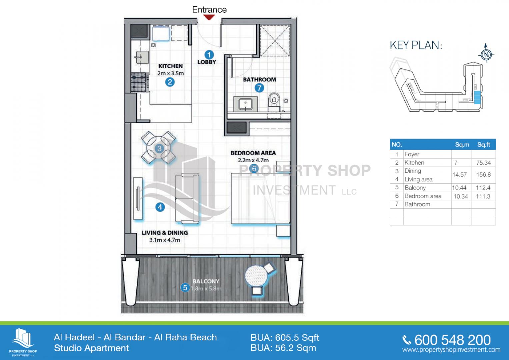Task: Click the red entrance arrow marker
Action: coord(209,17)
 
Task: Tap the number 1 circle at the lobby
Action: coord(209,55)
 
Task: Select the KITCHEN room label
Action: coord(170,66)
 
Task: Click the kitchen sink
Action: coord(142,57)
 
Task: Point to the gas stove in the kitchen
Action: coord(140,83)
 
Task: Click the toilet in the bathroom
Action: coord(274,101)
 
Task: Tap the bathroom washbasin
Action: coord(245,104)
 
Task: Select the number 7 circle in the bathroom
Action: coord(259,88)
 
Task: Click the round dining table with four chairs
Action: coord(159,148)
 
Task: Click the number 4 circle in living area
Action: coord(160,207)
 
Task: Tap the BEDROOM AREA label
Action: coord(253,153)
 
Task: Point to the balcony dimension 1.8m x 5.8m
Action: coord(206,289)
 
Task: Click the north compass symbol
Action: coord(486,54)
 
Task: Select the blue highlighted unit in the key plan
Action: coord(477,97)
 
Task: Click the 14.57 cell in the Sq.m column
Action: coord(459,175)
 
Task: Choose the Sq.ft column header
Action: coord(484,145)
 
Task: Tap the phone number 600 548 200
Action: coord(453,340)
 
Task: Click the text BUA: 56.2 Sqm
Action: coord(283,348)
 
